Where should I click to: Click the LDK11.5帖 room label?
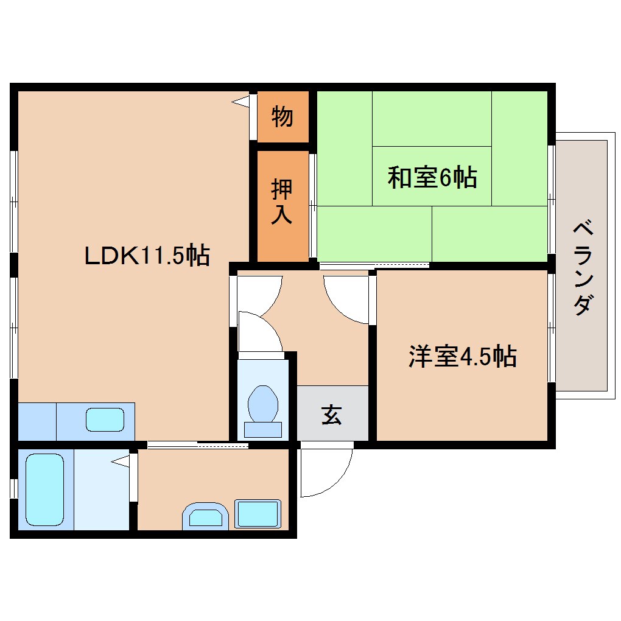point(147,255)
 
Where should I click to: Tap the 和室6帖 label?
point(432,178)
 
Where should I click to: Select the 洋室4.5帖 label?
point(462,357)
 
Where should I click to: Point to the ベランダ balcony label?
point(583,268)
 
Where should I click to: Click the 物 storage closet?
point(282,116)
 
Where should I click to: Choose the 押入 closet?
point(282,202)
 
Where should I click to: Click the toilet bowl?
point(263,405)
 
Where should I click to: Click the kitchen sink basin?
point(105,420)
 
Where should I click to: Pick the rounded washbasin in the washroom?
point(205,517)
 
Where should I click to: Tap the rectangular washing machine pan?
point(258,513)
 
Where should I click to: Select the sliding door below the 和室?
point(374,265)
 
